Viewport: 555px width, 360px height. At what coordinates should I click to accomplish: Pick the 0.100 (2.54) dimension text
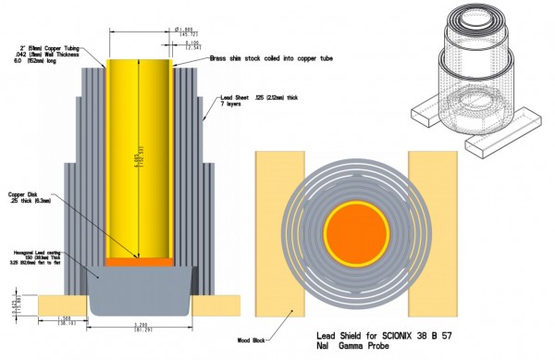pyautogui.click(x=191, y=43)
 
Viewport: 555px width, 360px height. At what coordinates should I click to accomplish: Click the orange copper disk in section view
pyautogui.click(x=140, y=262)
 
